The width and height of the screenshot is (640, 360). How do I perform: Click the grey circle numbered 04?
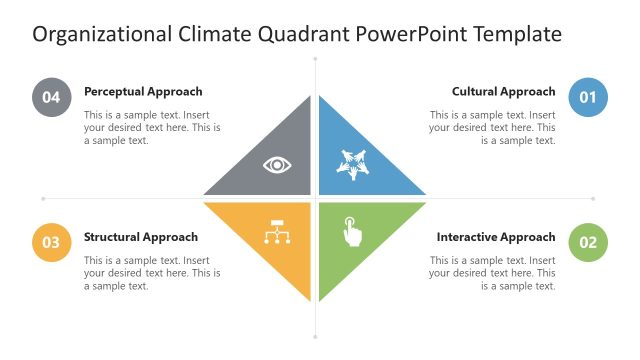pyautogui.click(x=51, y=97)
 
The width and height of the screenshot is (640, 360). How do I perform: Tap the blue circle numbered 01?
pyautogui.click(x=587, y=97)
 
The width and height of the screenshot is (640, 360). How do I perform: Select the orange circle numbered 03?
pyautogui.click(x=51, y=242)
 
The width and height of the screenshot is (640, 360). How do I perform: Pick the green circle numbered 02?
pyautogui.click(x=587, y=242)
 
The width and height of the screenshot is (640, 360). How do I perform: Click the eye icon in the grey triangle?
pyautogui.click(x=277, y=164)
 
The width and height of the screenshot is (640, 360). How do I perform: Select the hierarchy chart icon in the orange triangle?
pyautogui.click(x=277, y=232)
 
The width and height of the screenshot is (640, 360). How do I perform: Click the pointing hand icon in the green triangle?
pyautogui.click(x=352, y=231)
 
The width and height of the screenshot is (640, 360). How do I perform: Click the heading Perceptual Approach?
pyautogui.click(x=143, y=91)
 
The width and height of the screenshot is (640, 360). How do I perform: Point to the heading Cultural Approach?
pyautogui.click(x=503, y=91)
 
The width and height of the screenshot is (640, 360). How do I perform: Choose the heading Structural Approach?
pyautogui.click(x=141, y=237)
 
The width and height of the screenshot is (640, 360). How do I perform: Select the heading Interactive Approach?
pyautogui.click(x=496, y=237)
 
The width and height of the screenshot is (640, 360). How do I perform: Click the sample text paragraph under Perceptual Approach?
pyautogui.click(x=152, y=128)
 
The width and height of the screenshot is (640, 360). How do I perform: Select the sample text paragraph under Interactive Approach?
pyautogui.click(x=493, y=273)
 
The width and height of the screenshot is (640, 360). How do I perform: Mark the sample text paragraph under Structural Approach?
pyautogui.click(x=152, y=273)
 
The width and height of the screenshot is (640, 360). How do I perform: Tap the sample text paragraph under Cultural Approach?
pyautogui.click(x=493, y=128)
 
